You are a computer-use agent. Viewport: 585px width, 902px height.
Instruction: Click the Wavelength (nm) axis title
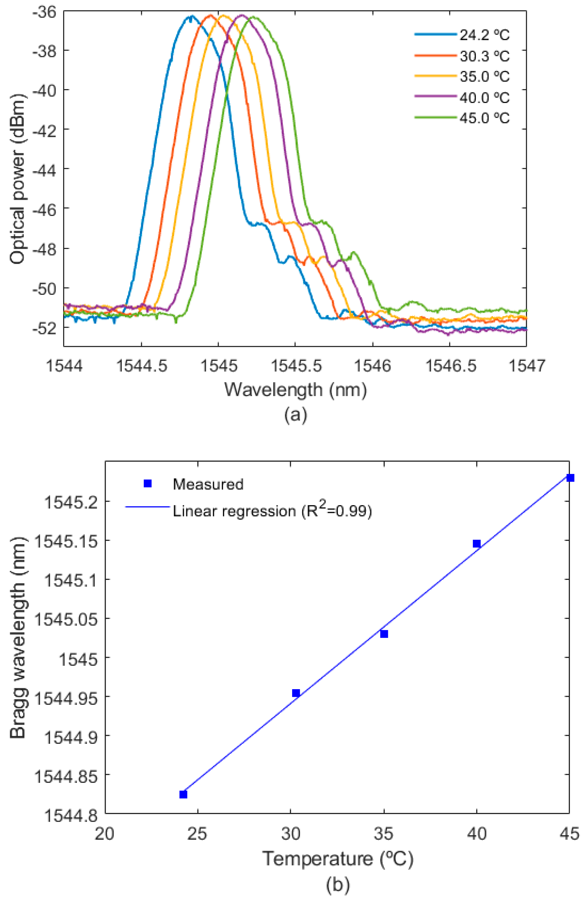click(295, 389)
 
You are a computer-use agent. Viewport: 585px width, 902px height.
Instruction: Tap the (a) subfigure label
click(295, 415)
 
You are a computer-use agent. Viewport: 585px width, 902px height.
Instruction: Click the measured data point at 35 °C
click(384, 634)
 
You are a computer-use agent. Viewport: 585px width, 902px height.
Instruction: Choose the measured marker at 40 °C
click(477, 544)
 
